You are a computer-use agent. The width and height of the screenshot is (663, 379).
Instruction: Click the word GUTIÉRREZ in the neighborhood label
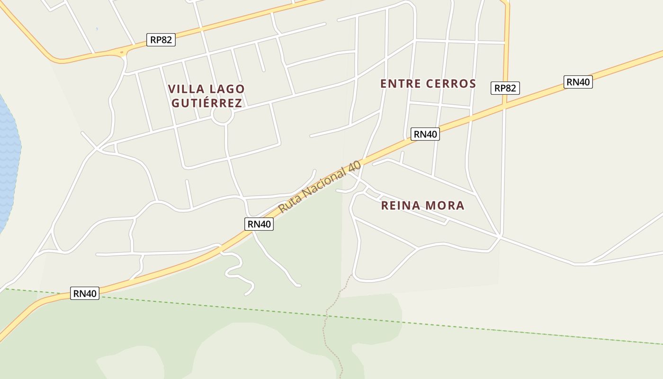point(207,103)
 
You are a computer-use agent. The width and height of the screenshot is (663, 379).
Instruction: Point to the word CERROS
point(450,84)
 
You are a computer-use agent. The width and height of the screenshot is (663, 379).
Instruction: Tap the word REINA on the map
point(400,206)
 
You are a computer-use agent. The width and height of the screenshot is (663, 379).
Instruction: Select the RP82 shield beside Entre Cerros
point(505,88)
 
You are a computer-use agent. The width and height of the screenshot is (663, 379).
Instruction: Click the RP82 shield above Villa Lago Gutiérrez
point(161,40)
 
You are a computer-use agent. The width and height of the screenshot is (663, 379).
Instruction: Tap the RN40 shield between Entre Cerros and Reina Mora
point(425,134)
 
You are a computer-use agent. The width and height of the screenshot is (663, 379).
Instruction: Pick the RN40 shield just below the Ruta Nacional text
point(259,224)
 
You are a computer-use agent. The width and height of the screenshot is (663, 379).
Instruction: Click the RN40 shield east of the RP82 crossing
point(578,82)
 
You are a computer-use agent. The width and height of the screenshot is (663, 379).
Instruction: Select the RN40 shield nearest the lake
point(85,293)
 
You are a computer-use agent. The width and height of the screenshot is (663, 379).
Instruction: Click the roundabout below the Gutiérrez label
point(222,115)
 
